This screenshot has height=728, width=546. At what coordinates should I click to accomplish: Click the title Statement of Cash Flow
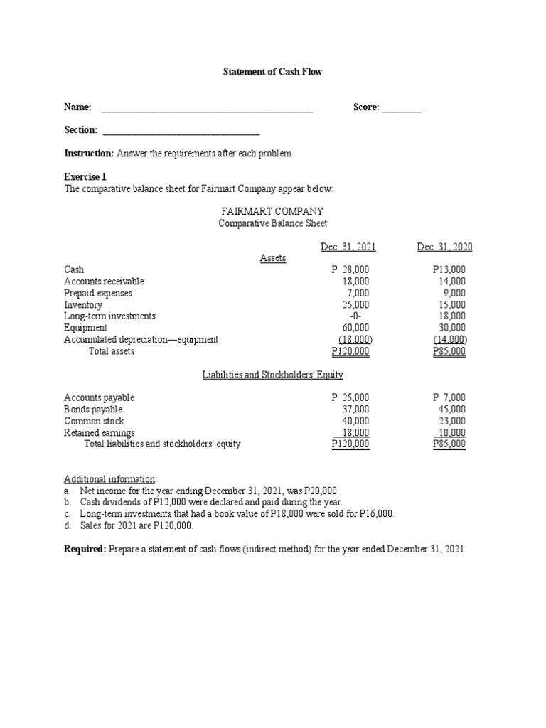[x=274, y=72]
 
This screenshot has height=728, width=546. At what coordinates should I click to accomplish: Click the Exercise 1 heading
[x=85, y=176]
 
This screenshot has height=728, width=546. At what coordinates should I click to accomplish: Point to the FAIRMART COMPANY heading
[x=273, y=211]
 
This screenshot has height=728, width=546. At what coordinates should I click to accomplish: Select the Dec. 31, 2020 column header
[x=445, y=247]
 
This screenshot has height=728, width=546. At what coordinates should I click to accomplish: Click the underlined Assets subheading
[x=273, y=258]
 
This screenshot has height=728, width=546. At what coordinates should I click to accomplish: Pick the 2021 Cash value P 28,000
[x=350, y=269]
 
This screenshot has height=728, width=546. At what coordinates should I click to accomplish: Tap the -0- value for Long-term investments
[x=357, y=316]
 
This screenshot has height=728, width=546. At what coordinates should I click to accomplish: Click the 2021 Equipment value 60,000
[x=355, y=328]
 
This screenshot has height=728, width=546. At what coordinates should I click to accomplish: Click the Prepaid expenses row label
[x=98, y=293]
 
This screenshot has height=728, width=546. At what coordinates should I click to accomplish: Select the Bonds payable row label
[x=93, y=409]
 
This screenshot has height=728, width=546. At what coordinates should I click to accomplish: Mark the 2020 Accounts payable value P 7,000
[x=449, y=397]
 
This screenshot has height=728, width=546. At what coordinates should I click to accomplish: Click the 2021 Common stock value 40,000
[x=355, y=421]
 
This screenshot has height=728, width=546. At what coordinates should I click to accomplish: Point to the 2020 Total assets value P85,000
[x=449, y=351]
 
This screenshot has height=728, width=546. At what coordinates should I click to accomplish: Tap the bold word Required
[x=85, y=550]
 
